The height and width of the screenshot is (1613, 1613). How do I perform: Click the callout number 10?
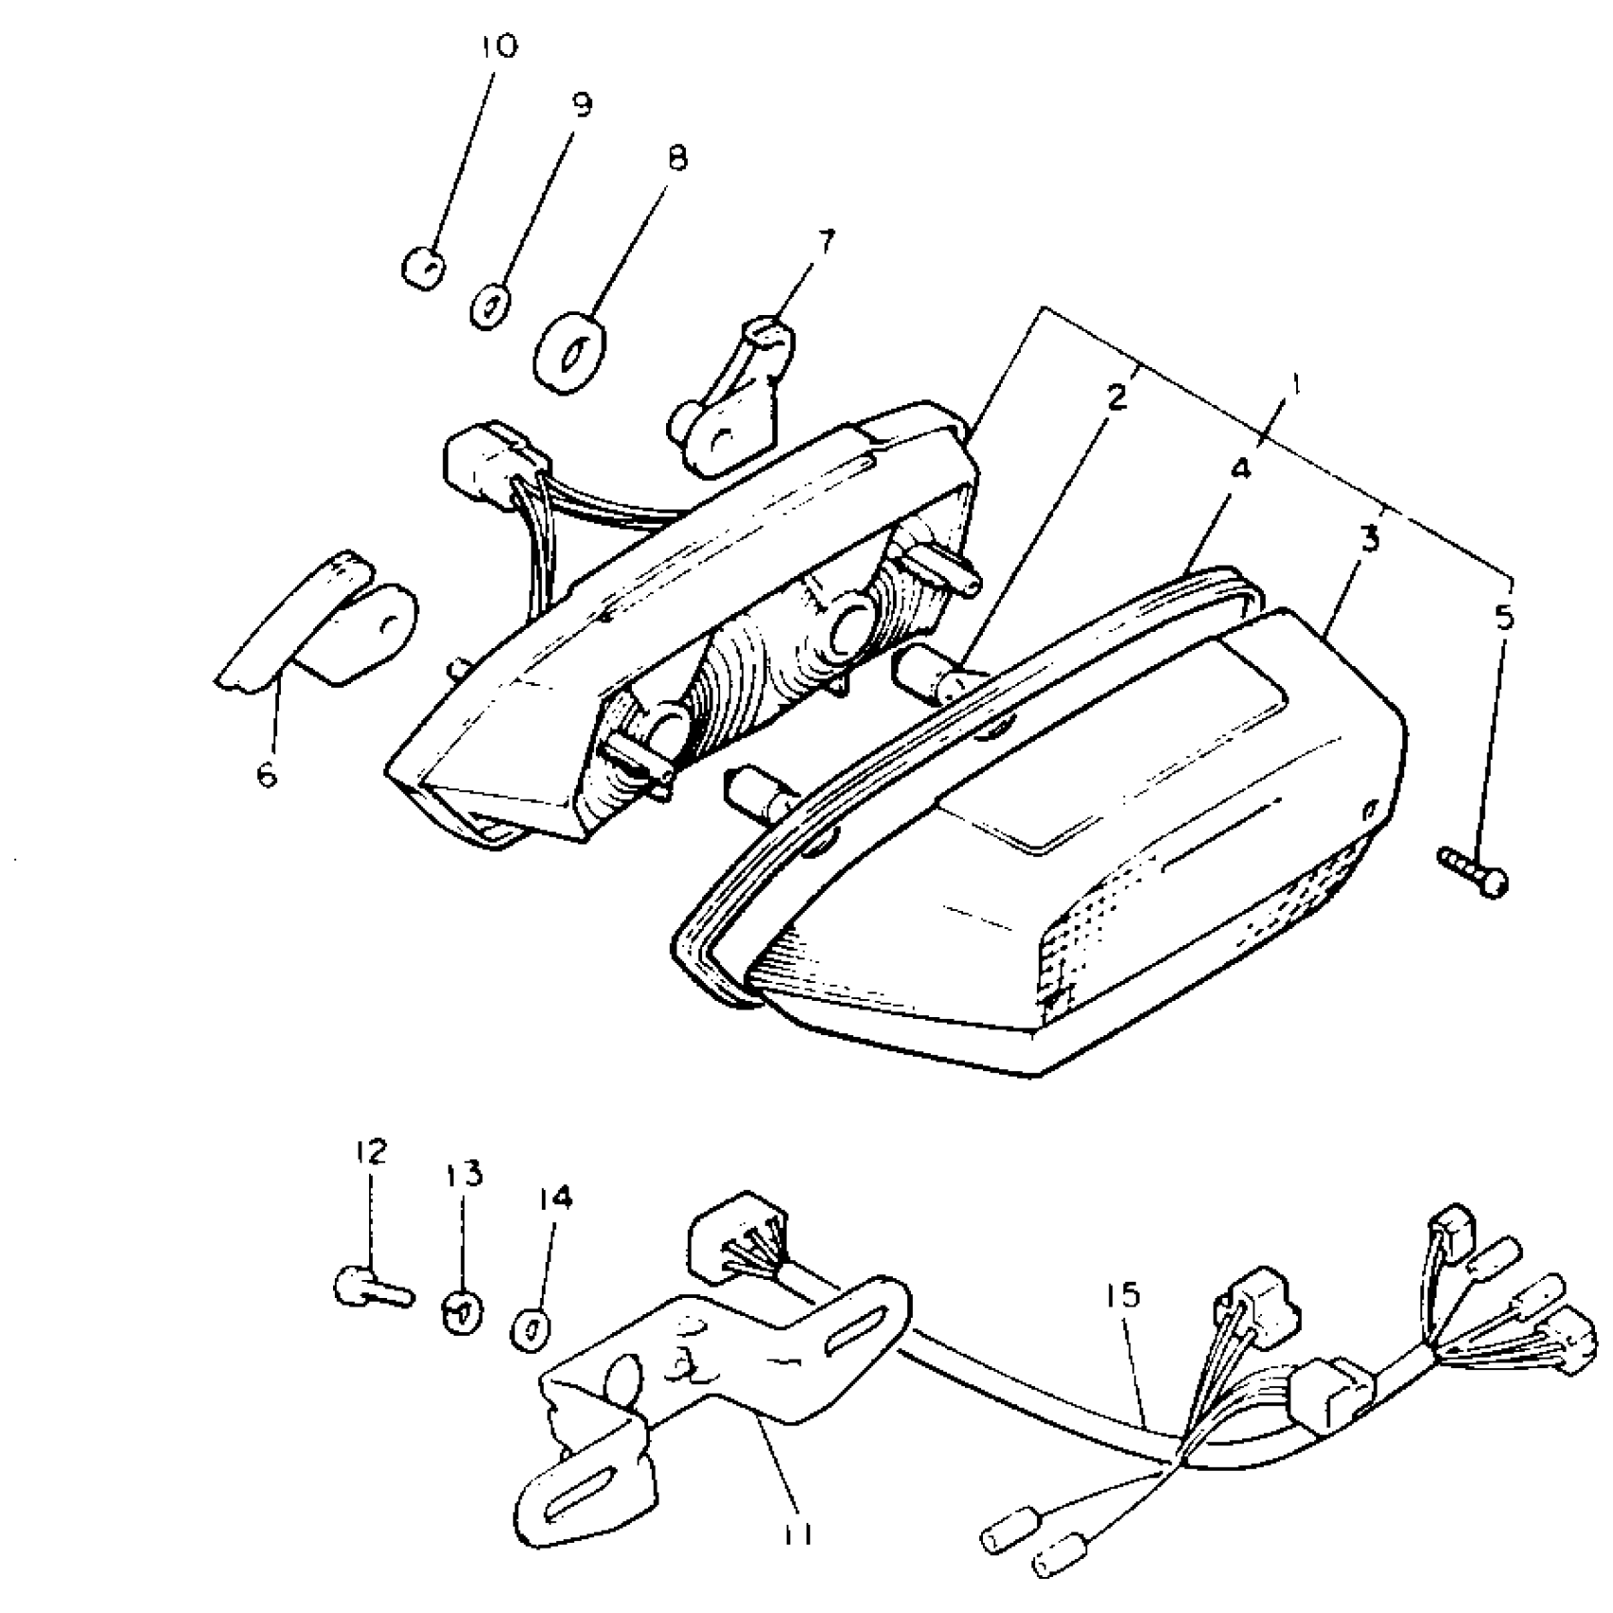click(500, 46)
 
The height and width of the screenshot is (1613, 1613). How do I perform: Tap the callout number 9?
click(581, 104)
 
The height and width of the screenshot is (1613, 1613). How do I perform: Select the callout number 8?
click(676, 158)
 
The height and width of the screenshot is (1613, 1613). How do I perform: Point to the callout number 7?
click(824, 243)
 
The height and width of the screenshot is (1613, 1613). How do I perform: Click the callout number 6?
click(267, 774)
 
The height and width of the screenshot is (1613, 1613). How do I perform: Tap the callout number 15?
click(1123, 1296)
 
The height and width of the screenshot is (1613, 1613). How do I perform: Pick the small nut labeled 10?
click(424, 269)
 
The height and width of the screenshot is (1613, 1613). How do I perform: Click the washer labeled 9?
click(491, 306)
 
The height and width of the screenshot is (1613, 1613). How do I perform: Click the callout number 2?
click(1116, 397)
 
